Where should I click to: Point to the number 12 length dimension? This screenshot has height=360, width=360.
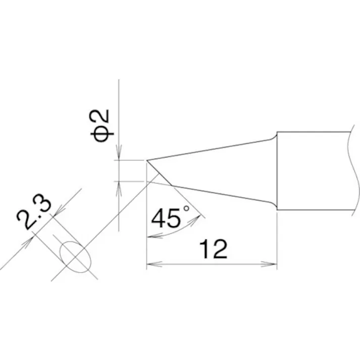[x=213, y=249]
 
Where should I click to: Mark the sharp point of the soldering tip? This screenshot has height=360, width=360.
[x=147, y=161]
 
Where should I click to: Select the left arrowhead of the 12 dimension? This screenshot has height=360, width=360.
[x=150, y=264]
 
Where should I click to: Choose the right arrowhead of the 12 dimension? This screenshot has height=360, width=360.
[x=273, y=264]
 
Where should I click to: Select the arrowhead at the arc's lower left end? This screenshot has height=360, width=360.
[x=149, y=236]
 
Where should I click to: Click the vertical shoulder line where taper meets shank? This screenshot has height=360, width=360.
[x=277, y=172]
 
